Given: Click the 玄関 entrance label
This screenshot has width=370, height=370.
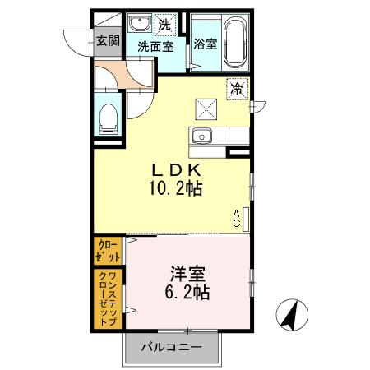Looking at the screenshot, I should point(107,41).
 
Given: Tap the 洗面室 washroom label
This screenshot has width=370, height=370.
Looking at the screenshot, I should point(155,46).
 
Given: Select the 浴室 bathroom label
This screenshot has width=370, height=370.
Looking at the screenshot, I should point(205,45).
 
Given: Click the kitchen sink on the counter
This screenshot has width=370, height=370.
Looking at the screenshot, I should point(202,136).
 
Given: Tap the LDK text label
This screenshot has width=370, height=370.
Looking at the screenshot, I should point(174,169).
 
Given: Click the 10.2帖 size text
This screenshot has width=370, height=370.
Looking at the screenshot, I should point(175,187).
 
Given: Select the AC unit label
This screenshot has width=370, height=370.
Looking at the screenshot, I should point(236,217).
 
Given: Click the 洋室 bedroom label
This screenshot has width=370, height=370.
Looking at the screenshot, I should point(187,272).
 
